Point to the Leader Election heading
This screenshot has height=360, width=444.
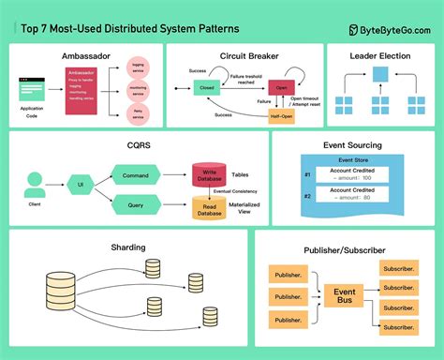coord(378,54)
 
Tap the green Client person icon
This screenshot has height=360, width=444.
coord(35,183)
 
